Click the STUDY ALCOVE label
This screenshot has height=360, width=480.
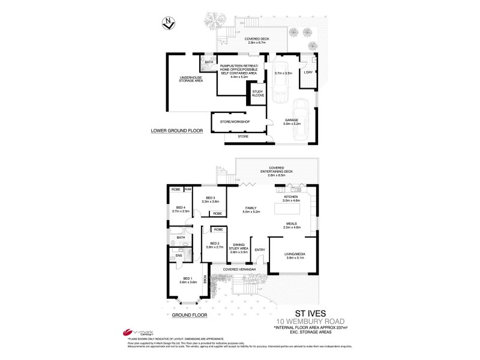pos(258,93)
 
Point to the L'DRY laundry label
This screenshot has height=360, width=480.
pos(308,73)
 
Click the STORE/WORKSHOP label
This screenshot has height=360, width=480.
pos(239,122)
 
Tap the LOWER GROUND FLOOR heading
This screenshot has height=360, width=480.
pos(178,130)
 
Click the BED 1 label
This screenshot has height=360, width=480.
pos(187,280)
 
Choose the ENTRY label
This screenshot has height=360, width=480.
pos(260,250)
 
